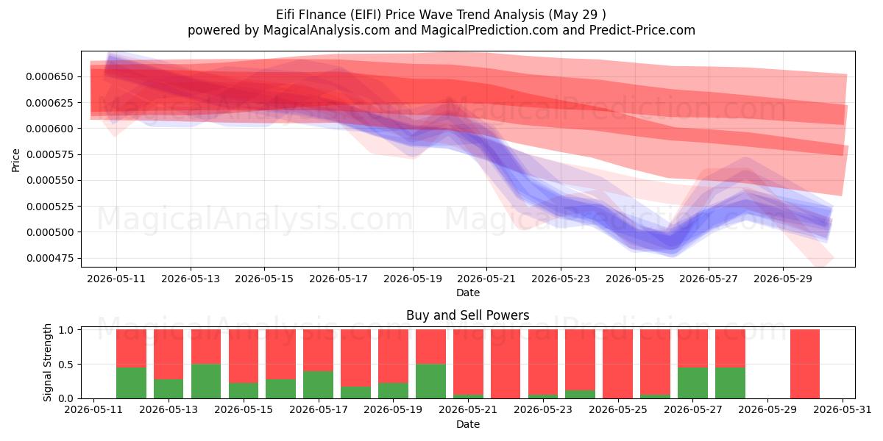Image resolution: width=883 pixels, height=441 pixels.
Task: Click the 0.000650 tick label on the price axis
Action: tap(50, 76)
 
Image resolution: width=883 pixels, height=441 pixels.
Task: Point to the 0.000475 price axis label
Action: tap(50, 258)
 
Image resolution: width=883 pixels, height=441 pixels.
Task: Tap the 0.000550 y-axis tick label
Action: tap(50, 180)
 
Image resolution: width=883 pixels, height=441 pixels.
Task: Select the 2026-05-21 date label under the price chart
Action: tap(486, 279)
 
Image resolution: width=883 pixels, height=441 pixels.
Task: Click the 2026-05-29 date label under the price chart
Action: tap(783, 279)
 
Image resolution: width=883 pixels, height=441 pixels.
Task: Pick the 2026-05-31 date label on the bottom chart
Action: tap(843, 410)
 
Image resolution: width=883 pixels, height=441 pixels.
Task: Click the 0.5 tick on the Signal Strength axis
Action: tap(65, 365)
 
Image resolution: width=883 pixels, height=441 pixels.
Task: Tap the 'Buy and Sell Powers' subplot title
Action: tap(467, 315)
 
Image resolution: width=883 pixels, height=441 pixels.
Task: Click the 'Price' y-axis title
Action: tap(15, 160)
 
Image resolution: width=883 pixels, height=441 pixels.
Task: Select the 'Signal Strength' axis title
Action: tap(47, 362)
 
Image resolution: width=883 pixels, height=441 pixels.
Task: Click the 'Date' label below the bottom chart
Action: tap(468, 424)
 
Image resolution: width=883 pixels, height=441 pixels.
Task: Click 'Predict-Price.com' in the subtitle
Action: tap(642, 30)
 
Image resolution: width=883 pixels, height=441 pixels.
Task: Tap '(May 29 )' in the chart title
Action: tap(577, 15)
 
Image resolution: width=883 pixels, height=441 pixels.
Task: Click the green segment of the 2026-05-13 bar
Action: tap(169, 389)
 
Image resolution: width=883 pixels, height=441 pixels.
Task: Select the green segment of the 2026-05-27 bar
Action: tap(692, 383)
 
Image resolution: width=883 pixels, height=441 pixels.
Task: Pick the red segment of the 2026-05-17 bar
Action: tap(318, 350)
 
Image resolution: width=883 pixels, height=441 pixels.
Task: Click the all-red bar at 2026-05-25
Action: tap(617, 364)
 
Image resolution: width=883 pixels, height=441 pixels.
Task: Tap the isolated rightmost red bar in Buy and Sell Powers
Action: tap(805, 364)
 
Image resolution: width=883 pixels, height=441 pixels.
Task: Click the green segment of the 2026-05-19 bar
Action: tap(393, 390)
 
